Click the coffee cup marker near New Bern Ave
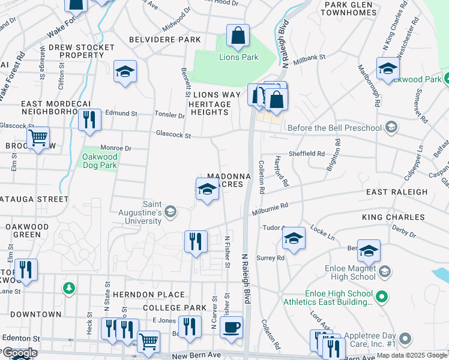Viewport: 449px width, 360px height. point(231,327)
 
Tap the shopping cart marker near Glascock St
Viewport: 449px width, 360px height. point(38,138)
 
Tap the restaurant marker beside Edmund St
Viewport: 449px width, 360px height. point(89,119)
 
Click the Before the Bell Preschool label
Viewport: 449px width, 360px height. point(335,128)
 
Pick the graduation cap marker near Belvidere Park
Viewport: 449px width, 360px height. point(125,71)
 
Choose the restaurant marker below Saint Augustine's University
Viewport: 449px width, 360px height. point(196,241)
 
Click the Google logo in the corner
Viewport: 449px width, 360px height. point(20,353)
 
